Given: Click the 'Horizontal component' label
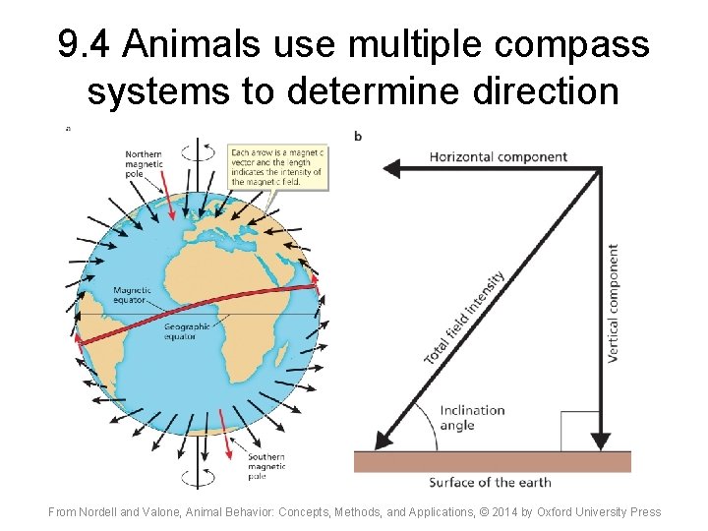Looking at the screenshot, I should tap(499, 156).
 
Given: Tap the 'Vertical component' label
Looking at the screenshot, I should tap(614, 304).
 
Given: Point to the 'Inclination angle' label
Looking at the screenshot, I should tap(472, 418).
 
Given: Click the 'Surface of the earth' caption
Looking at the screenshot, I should tap(490, 482).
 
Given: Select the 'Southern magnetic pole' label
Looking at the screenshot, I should tap(266, 466).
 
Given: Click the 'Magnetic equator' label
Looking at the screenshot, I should tap(132, 295).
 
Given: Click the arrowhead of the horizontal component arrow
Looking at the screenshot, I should tap(392, 169).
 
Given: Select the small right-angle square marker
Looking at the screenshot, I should tap(579, 431).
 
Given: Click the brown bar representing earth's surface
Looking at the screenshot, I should tap(492, 462).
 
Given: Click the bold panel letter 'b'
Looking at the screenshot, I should tap(357, 136).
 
